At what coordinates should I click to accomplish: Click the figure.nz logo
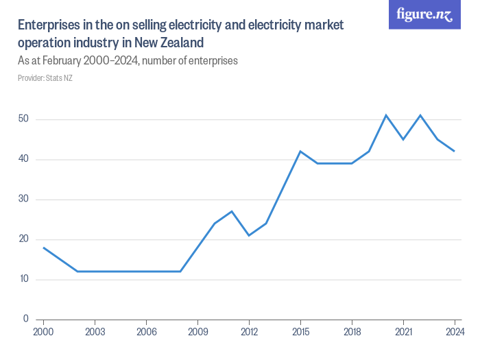click(x=424, y=15)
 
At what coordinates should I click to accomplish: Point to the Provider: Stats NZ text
click(x=45, y=77)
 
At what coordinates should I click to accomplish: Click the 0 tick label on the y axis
click(x=25, y=319)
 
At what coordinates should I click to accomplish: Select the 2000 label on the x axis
click(x=43, y=332)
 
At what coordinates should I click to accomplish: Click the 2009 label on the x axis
click(x=197, y=332)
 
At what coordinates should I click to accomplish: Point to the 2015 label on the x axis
click(x=300, y=332)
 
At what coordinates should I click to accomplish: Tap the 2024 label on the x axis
click(x=454, y=332)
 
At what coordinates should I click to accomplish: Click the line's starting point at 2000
click(x=43, y=248)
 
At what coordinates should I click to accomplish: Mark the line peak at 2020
click(x=386, y=115)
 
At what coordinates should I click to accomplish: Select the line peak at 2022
click(x=420, y=115)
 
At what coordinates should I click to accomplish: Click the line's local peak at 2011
click(x=232, y=211)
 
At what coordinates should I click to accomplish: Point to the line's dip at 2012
click(x=249, y=235)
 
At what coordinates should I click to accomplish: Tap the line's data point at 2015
click(x=300, y=151)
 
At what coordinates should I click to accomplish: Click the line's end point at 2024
click(x=455, y=151)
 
